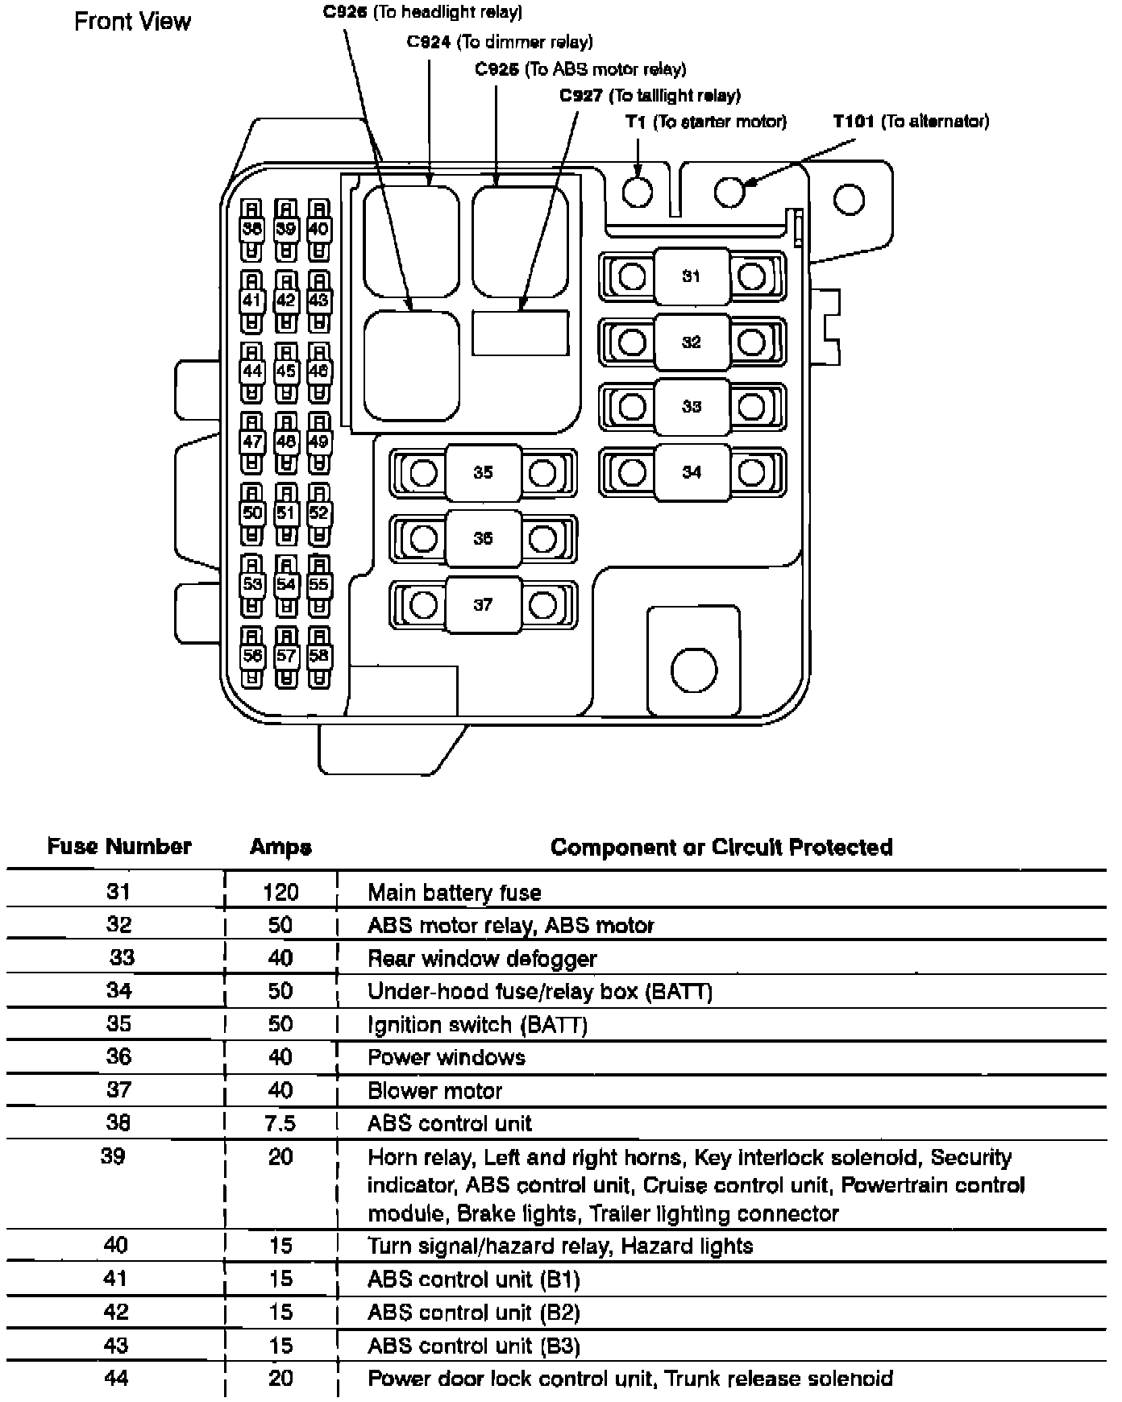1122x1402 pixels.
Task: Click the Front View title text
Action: [x=132, y=21]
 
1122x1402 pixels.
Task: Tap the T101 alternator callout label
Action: [x=910, y=122]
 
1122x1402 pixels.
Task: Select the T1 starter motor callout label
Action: [x=705, y=122]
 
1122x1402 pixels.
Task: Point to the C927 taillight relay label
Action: [x=650, y=96]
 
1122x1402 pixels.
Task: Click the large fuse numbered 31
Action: [x=691, y=276]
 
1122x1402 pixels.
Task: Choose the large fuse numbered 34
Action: [x=691, y=472]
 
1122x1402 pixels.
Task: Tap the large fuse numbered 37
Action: [x=482, y=604]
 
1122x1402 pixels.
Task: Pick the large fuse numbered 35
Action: [x=482, y=472]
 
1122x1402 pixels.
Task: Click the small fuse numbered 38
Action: [x=252, y=229]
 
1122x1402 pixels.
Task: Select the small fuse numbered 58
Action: [x=319, y=656]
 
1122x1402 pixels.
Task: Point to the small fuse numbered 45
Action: [x=285, y=371]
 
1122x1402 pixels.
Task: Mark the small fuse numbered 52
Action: [x=319, y=513]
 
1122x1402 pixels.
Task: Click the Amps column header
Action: [x=280, y=847]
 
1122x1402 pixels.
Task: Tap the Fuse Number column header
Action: [x=119, y=846]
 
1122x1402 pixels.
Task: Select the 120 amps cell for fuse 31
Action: [x=280, y=892]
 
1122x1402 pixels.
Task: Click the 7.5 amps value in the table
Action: [x=280, y=1123]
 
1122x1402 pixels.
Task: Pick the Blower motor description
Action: [x=434, y=1090]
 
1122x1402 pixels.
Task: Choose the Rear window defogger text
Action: [x=482, y=958]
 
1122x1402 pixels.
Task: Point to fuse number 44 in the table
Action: [x=116, y=1378]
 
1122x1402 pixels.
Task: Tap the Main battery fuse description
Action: [x=454, y=892]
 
